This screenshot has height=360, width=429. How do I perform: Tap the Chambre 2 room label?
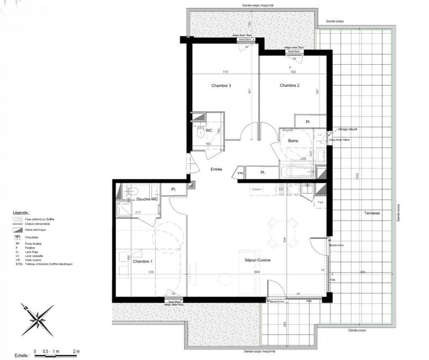point(289,86)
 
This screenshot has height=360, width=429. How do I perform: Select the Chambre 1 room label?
point(143,261)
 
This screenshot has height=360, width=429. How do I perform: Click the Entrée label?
point(216,169)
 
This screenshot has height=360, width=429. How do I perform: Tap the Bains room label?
point(293,141)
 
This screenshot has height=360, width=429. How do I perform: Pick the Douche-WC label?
point(146,199)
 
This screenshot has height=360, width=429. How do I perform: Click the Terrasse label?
point(371,213)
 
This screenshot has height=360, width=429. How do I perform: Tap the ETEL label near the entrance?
point(240,174)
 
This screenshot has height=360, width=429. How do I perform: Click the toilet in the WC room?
point(200,132)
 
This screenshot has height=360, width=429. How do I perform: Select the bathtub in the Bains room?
point(297,172)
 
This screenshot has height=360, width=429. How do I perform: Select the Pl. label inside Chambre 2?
point(308,122)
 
